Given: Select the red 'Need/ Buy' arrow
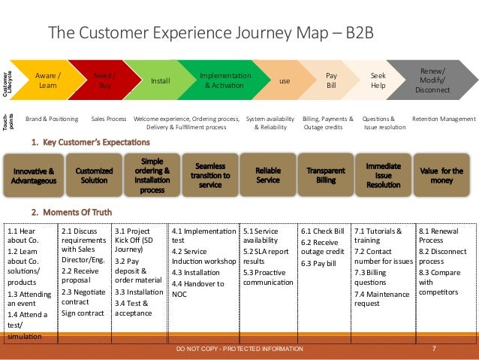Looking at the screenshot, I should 104,80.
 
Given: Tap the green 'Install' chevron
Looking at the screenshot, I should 160,80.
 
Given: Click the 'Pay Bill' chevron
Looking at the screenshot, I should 331,80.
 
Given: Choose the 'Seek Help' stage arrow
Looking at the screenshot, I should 379,80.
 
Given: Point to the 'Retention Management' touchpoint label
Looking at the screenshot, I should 444,119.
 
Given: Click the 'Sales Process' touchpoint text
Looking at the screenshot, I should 108,119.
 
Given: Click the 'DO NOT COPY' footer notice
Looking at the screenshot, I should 239,349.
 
